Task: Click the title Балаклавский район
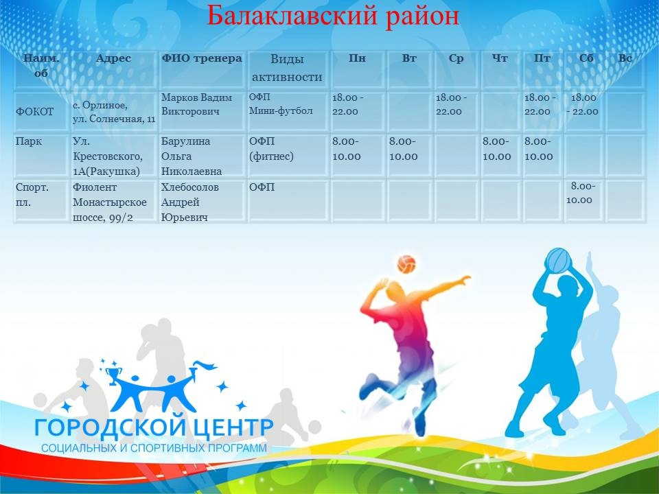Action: [x=332, y=16]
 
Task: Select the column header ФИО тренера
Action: [x=202, y=58]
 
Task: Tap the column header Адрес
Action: [x=113, y=58]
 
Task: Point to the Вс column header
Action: [x=625, y=58]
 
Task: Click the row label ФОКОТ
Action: [x=35, y=112]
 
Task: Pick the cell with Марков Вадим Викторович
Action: [x=197, y=104]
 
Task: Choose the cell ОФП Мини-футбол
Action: [x=281, y=104]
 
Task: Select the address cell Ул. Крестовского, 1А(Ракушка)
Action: [x=108, y=156]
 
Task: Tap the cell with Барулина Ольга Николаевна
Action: [x=192, y=156]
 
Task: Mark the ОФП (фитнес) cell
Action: [x=271, y=149]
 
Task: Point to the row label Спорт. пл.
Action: [x=32, y=194]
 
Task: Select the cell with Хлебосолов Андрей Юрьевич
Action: [x=190, y=202]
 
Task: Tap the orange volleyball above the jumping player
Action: [x=406, y=264]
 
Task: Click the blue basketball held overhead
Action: [x=558, y=261]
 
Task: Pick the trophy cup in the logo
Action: [x=113, y=375]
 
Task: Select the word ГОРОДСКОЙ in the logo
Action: [x=110, y=427]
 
